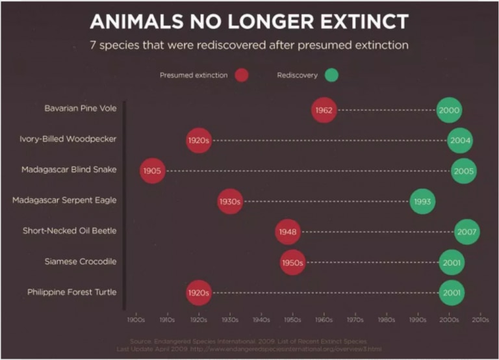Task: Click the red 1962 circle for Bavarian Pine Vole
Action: tap(324, 110)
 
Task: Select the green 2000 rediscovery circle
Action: tap(449, 110)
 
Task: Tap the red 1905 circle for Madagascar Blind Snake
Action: tap(153, 171)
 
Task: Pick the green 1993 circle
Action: tap(422, 201)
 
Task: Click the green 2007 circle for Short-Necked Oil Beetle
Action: tap(467, 232)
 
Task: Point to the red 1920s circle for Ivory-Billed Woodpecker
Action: tap(199, 140)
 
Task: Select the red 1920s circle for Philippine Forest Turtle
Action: tap(199, 292)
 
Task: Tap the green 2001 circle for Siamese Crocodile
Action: tap(452, 263)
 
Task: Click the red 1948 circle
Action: tap(288, 232)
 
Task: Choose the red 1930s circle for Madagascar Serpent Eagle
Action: tap(230, 201)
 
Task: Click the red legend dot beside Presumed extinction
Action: tap(242, 75)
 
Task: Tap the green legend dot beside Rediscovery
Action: tap(331, 75)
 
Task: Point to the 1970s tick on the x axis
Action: tap(355, 320)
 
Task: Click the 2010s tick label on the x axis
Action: tap(480, 320)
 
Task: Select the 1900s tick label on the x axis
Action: tap(135, 320)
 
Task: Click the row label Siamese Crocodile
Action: tap(81, 261)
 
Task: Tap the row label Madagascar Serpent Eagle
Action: tap(64, 200)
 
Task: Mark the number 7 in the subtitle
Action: tap(94, 46)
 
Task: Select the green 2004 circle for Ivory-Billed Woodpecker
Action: tap(459, 140)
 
